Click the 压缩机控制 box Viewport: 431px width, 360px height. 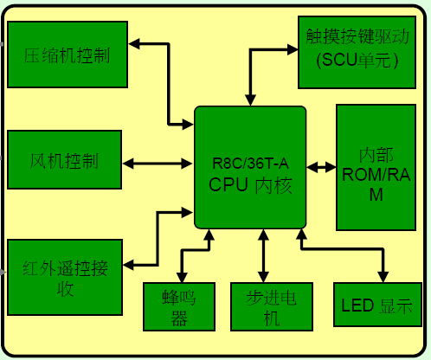click(x=68, y=55)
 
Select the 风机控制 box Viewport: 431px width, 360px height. click(x=64, y=159)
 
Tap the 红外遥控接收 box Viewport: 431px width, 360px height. click(x=65, y=277)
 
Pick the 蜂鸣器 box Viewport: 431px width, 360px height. click(x=179, y=306)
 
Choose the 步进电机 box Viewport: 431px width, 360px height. click(x=272, y=306)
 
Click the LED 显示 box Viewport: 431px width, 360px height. click(x=377, y=305)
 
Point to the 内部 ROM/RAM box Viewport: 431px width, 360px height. click(x=376, y=167)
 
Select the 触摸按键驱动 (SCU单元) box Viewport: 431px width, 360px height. click(x=357, y=52)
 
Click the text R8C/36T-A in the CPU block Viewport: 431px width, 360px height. click(x=250, y=164)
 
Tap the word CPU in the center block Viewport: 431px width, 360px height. click(x=228, y=184)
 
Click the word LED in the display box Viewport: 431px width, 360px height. click(x=357, y=305)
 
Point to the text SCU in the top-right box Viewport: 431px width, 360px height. click(x=338, y=60)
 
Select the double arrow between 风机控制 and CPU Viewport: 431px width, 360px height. click(x=158, y=164)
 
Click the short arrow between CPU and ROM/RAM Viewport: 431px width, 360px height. click(x=321, y=167)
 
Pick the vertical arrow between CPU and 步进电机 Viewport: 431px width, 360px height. click(x=263, y=255)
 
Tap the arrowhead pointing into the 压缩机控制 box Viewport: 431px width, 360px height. click(x=134, y=44)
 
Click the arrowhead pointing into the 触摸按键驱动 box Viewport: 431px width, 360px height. click(x=293, y=49)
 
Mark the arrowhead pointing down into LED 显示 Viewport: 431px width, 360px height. click(x=383, y=277)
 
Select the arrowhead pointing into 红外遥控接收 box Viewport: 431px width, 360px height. click(x=128, y=265)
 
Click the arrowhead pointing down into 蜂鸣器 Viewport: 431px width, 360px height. click(x=182, y=277)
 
